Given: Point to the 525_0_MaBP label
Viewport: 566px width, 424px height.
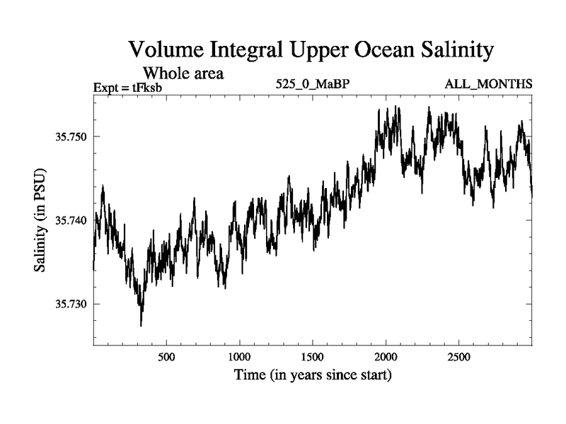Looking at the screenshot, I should (313, 85).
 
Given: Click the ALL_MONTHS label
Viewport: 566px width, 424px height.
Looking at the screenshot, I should (488, 85).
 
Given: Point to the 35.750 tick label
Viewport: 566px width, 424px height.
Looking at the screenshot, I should (71, 136).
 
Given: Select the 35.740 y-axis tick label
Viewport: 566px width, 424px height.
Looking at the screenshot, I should (71, 220).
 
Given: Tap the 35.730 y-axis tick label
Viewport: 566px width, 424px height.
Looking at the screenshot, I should (71, 305).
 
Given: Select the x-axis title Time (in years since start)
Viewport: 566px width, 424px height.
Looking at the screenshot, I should (313, 375).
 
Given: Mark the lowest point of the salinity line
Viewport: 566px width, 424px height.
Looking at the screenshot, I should (141, 325).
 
